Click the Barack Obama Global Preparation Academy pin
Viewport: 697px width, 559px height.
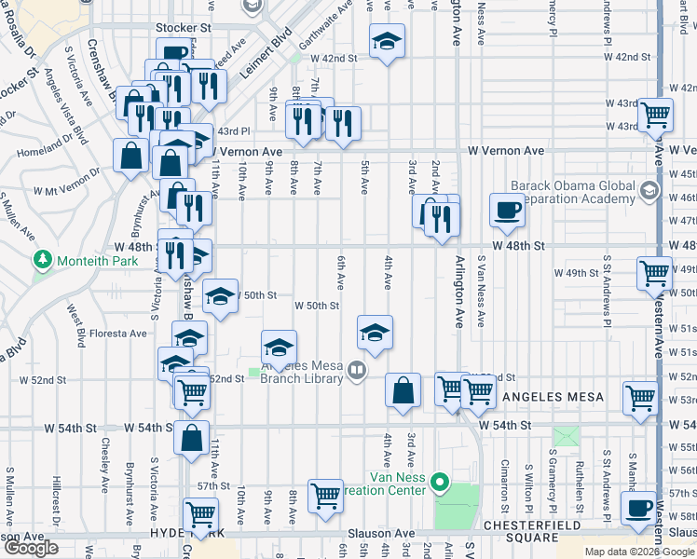pos(649,192)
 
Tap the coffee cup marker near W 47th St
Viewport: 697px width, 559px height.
pos(508,210)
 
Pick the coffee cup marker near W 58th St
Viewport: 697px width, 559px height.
pos(638,509)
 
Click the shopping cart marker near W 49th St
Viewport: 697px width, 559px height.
pos(655,273)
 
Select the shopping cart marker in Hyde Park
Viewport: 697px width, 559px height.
pos(201,513)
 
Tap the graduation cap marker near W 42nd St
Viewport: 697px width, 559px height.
pos(387,41)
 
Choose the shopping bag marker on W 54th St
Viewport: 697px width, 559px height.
pos(191,438)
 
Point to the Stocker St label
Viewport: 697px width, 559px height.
pos(184,28)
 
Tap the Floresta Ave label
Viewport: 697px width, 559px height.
pos(120,333)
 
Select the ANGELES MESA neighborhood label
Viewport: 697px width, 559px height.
pos(553,397)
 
